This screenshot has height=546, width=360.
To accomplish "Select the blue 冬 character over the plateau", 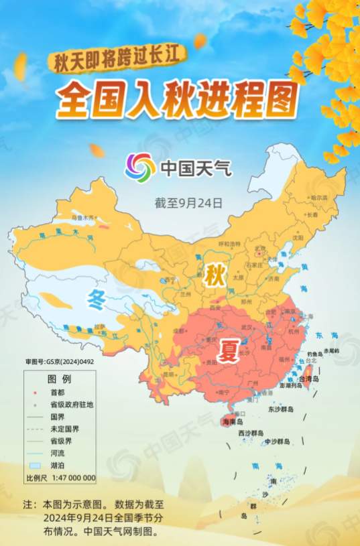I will pos(98,301).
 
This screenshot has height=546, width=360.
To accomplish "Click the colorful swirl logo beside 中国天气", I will pos(140,167).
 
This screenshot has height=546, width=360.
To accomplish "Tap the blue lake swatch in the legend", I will pos(36,466).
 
